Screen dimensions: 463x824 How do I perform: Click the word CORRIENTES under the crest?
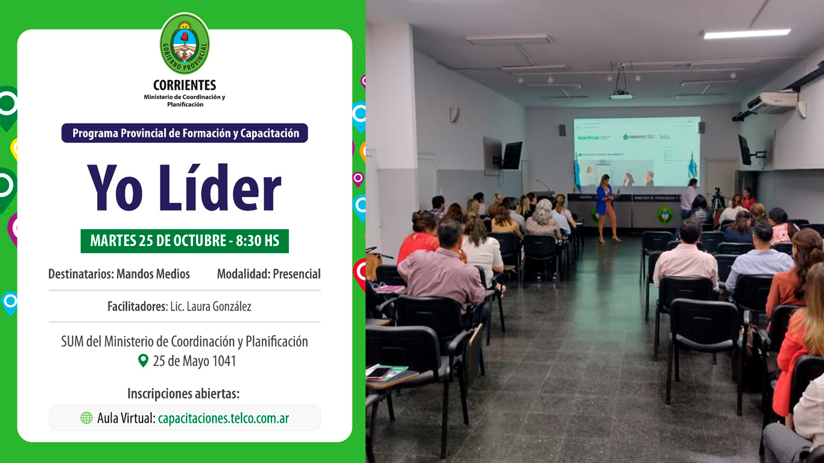pyautogui.click(x=185, y=86)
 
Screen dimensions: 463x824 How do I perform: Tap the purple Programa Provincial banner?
pyautogui.click(x=185, y=133)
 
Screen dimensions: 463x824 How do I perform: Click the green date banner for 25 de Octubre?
pyautogui.click(x=185, y=241)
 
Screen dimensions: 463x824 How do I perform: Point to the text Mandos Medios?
pyautogui.click(x=153, y=274)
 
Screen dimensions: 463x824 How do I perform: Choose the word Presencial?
pyautogui.click(x=296, y=274)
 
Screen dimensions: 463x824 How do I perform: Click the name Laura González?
pyautogui.click(x=219, y=306)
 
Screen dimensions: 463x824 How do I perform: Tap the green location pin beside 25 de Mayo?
pyautogui.click(x=143, y=361)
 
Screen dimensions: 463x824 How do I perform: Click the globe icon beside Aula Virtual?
pyautogui.click(x=86, y=418)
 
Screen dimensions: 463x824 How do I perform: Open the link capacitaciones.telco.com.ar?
pyautogui.click(x=223, y=418)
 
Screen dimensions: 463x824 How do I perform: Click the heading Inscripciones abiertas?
pyautogui.click(x=183, y=394)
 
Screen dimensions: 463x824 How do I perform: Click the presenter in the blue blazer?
pyautogui.click(x=606, y=205)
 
